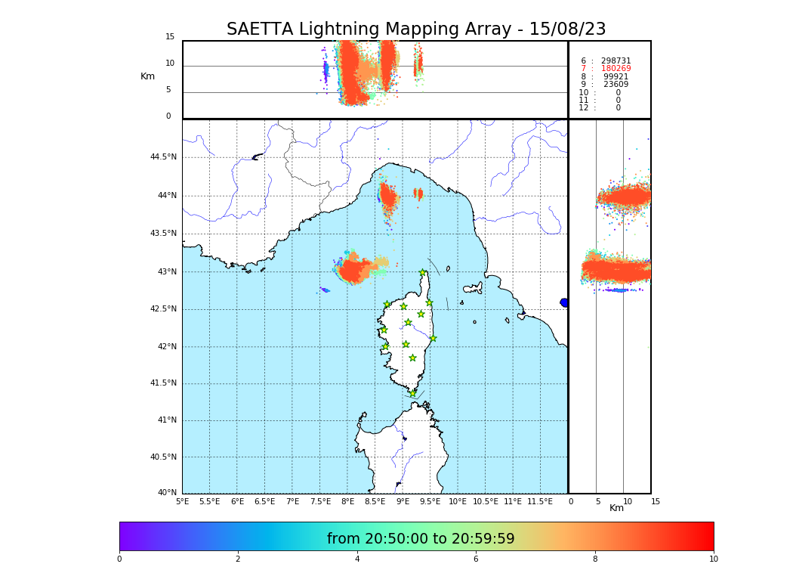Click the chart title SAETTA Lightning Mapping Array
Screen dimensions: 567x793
(x=416, y=29)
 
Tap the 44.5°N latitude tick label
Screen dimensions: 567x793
(x=163, y=157)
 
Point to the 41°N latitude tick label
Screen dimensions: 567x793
(x=165, y=420)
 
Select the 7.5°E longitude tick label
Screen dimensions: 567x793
(x=320, y=501)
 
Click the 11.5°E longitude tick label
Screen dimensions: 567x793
(x=540, y=501)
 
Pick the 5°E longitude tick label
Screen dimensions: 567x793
(x=182, y=501)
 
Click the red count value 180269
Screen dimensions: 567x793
(x=616, y=69)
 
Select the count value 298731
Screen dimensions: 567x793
(x=616, y=61)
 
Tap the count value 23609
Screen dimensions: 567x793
(x=616, y=85)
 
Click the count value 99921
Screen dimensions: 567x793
(x=616, y=77)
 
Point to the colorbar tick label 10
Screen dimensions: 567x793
(x=713, y=559)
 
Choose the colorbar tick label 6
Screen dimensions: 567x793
(x=476, y=559)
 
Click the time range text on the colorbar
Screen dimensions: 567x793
(x=421, y=539)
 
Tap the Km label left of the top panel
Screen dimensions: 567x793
(x=147, y=76)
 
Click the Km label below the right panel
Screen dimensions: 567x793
(x=617, y=508)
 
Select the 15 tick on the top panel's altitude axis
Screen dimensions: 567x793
(x=170, y=37)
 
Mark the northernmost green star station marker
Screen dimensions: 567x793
(x=423, y=273)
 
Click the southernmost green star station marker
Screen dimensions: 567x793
(x=412, y=393)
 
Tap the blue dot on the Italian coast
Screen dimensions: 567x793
(x=563, y=302)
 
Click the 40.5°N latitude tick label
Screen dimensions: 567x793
(x=163, y=457)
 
